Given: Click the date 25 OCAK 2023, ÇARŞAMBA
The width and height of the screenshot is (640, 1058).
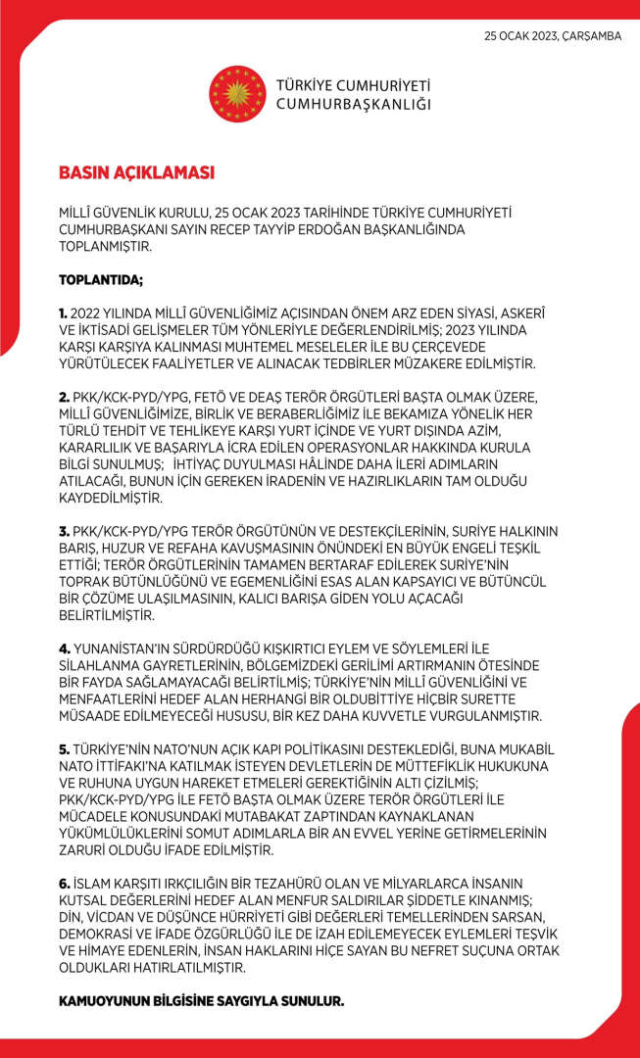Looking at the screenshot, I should coord(553,36).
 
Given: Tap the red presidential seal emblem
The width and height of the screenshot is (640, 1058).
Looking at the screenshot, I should coord(237,93).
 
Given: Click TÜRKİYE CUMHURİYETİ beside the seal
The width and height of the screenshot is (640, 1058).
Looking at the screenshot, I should coord(354,85).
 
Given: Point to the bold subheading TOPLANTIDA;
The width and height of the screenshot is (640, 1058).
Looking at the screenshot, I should coord(101,280).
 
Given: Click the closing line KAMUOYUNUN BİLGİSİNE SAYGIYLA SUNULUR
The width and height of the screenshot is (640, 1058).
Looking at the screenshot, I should coord(202,1001).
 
